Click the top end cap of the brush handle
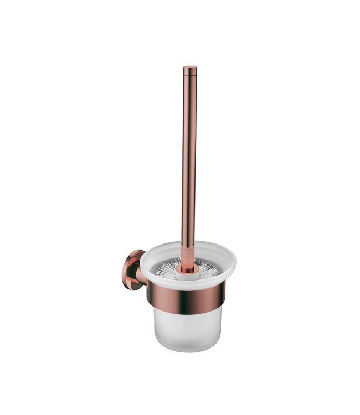point(190,69)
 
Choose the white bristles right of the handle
point(208,269)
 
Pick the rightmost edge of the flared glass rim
point(235,262)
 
